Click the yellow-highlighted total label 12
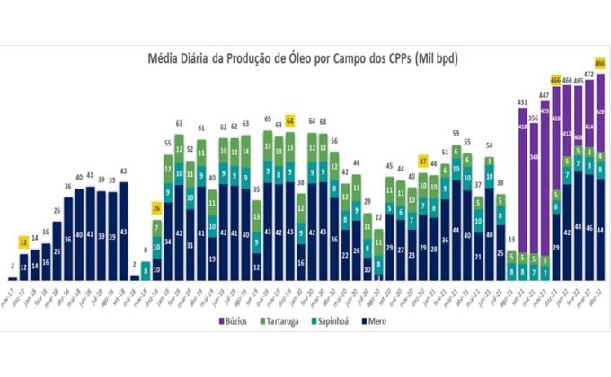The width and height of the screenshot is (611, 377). coord(23,243)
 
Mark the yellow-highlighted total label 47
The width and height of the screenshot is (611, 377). coord(422,161)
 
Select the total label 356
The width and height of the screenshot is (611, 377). coord(533,118)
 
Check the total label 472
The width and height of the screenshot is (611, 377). coord(589,75)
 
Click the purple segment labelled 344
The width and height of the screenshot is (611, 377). coord(534,157)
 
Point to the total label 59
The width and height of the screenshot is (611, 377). coord(456,134)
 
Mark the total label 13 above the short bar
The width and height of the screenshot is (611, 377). coord(511,240)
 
